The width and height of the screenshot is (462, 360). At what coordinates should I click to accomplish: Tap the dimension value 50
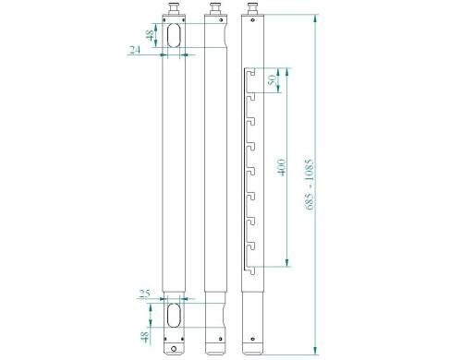click(x=271, y=81)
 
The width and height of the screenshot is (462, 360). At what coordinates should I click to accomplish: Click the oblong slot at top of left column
click(x=174, y=35)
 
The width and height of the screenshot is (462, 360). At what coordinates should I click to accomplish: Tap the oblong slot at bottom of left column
click(x=174, y=314)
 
